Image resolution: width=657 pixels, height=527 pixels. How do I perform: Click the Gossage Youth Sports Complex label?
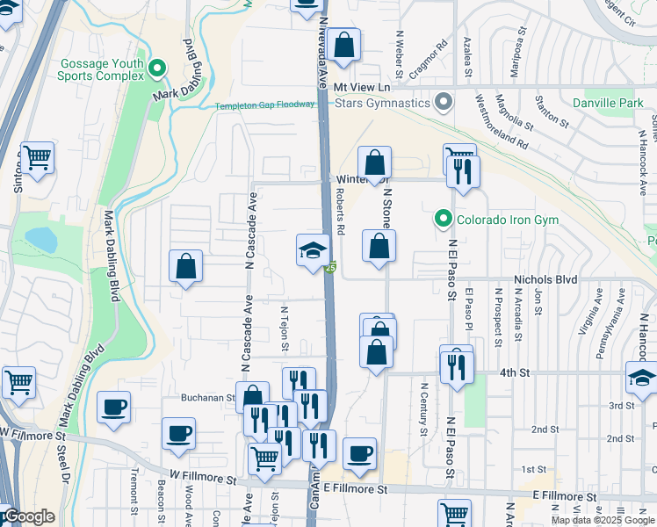pyautogui.click(x=101, y=69)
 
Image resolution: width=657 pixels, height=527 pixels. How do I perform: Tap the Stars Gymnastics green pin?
pyautogui.click(x=444, y=103)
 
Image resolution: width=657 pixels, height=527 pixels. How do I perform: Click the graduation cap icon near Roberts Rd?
pyautogui.click(x=313, y=252)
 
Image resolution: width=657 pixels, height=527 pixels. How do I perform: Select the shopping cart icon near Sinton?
pyautogui.click(x=38, y=159)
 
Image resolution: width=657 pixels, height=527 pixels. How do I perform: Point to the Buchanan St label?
pyautogui.click(x=207, y=398)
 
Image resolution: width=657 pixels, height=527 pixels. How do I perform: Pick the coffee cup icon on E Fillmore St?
pyautogui.click(x=359, y=454)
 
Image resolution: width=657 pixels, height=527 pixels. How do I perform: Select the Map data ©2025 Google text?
pyautogui.click(x=602, y=520)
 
